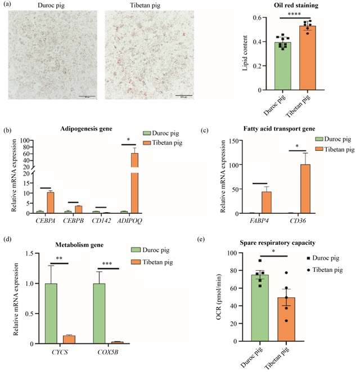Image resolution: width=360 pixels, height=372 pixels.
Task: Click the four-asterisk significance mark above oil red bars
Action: pos(294,14)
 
